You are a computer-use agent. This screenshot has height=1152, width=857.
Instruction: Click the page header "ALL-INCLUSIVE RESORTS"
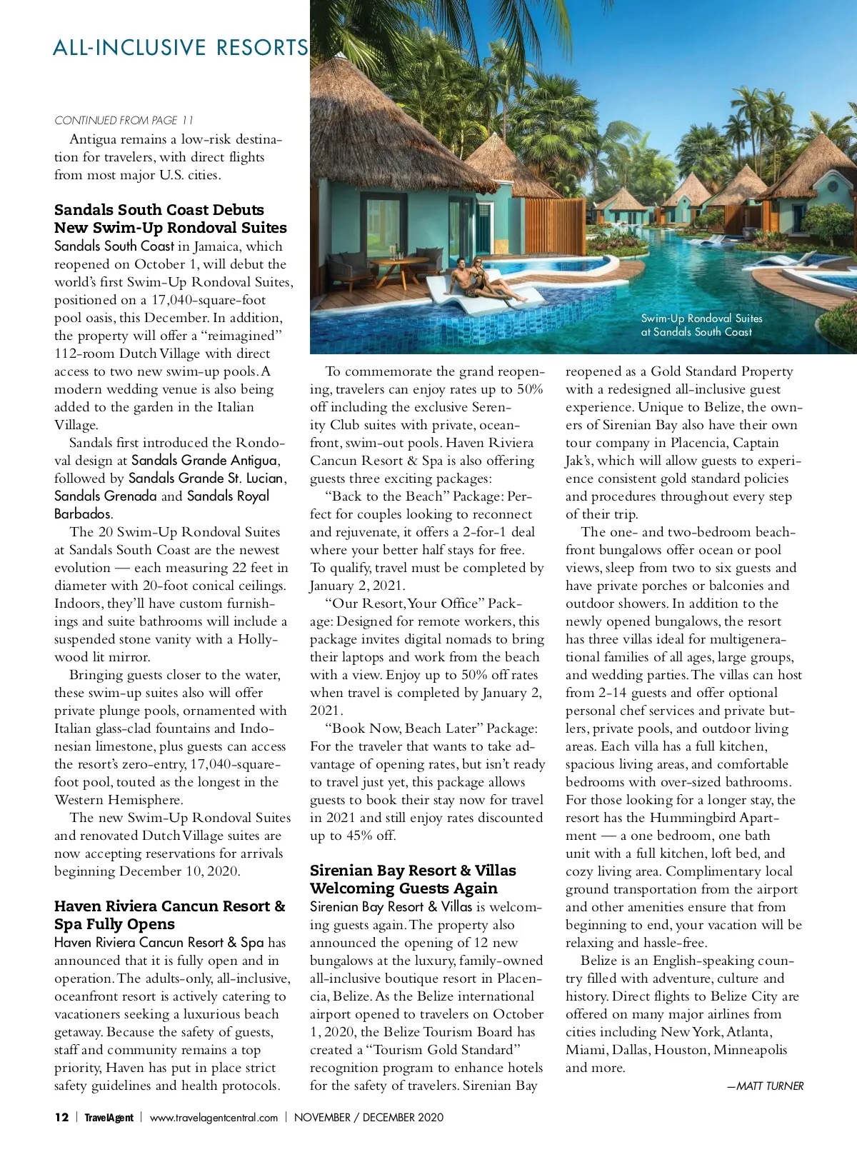[180, 48]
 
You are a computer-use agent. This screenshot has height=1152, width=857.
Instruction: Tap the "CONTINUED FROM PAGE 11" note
[124, 120]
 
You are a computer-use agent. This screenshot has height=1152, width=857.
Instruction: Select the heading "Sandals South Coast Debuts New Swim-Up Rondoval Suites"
[170, 219]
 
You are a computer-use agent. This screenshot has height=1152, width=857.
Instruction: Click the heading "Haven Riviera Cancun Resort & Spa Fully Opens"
[169, 915]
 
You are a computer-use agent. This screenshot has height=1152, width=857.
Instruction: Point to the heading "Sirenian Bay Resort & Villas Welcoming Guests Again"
[412, 879]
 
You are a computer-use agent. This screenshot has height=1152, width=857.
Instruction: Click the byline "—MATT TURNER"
[765, 1086]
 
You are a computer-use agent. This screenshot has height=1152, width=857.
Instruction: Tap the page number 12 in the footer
[61, 1117]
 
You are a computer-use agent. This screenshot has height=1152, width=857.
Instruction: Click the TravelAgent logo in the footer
[109, 1118]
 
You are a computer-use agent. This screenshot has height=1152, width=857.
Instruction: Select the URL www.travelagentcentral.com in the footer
[214, 1118]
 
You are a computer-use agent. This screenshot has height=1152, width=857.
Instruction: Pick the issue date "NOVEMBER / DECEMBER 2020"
[369, 1117]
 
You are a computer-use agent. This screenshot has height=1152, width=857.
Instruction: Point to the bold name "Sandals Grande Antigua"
[204, 461]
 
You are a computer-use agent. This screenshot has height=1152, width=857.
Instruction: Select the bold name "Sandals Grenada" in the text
[105, 496]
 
